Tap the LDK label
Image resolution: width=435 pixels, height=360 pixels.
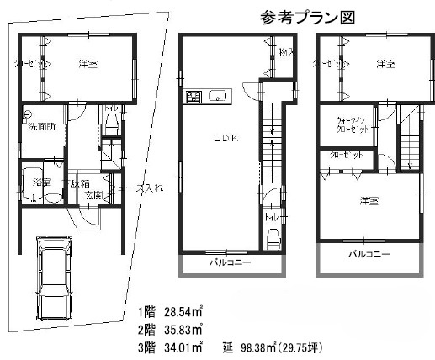225,140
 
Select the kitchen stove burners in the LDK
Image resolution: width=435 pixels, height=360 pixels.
194,96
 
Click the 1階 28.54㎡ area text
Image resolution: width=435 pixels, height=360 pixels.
175,310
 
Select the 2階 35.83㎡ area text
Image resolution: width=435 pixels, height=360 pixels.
175,329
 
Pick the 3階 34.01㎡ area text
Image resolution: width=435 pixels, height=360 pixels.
175,347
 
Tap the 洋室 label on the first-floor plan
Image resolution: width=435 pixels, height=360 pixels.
88,62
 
